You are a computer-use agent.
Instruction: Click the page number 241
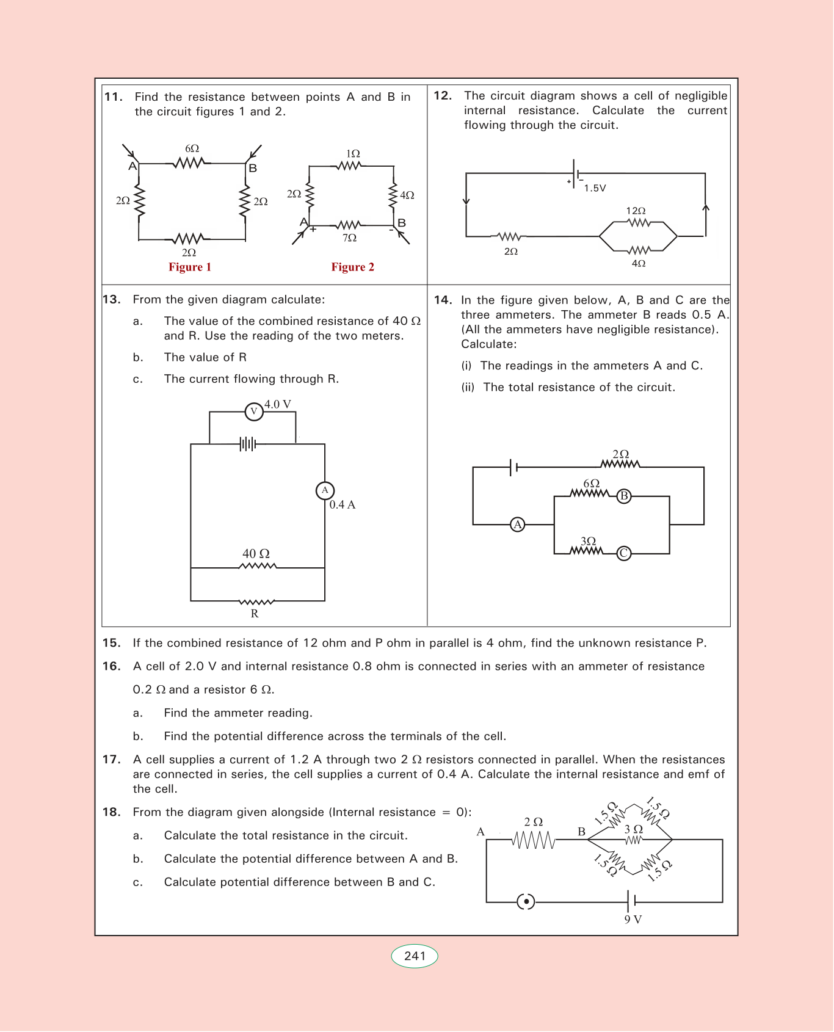click(415, 956)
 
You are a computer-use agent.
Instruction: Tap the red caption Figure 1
click(190, 267)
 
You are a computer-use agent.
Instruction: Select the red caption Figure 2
click(353, 267)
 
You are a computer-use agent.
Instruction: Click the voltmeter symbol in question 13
click(254, 412)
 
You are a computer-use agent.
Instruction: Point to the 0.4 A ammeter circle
click(325, 490)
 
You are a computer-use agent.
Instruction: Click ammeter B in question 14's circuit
click(623, 496)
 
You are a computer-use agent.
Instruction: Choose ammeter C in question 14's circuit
click(623, 553)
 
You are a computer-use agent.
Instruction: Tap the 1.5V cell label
click(595, 188)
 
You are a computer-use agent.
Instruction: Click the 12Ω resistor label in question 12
click(636, 211)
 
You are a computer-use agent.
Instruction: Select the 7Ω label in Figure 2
click(349, 238)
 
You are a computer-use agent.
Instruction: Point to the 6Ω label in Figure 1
click(192, 148)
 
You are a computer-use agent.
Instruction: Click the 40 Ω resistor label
click(256, 554)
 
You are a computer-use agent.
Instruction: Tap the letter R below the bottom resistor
click(255, 614)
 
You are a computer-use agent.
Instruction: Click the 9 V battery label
click(633, 920)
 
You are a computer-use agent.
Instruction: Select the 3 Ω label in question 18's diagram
click(634, 829)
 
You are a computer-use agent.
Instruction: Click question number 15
click(111, 643)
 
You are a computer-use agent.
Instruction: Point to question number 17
click(111, 760)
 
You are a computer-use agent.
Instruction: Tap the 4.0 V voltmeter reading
click(278, 404)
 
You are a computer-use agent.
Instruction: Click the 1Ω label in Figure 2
click(353, 154)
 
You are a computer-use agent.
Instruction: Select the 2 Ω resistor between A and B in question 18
click(534, 841)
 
